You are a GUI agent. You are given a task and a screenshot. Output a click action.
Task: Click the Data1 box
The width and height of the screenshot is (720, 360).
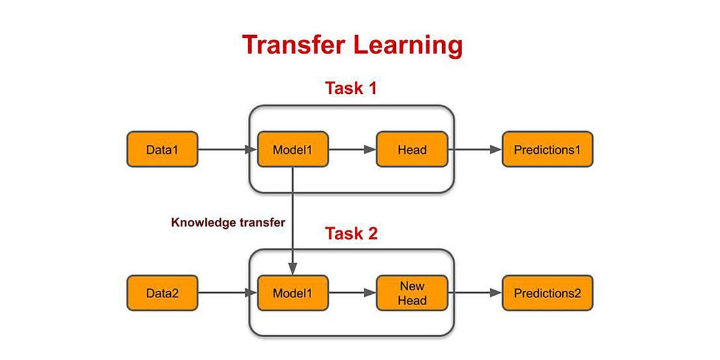coord(162,149)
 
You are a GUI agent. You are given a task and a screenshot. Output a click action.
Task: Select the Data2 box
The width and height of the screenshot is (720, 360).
coord(162,293)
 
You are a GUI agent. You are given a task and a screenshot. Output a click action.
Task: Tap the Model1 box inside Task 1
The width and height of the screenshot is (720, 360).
coord(293,149)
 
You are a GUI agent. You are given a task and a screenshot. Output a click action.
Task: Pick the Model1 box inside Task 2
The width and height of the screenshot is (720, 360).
coord(293,293)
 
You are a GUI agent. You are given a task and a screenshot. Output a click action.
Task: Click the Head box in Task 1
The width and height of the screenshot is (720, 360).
coord(412,149)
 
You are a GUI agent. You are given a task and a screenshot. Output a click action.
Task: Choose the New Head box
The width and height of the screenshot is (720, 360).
coord(412,293)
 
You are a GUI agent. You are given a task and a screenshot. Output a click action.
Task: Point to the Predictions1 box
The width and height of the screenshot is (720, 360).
coord(547,149)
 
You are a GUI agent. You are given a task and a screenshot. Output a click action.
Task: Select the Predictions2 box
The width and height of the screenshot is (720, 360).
coord(547,293)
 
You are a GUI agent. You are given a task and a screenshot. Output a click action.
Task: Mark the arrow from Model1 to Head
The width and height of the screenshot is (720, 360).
coord(352,149)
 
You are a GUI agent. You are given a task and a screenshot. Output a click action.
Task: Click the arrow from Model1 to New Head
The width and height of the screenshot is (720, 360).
coord(352,293)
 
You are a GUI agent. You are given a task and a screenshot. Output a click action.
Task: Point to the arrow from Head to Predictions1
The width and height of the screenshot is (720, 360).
coord(475,149)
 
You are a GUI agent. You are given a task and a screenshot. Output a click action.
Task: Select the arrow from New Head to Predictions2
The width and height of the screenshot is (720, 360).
coord(475,293)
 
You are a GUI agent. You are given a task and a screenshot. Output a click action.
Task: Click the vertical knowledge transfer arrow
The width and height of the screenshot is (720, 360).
coord(293,222)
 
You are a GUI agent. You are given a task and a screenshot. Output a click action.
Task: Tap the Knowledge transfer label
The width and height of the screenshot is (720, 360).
coord(228,222)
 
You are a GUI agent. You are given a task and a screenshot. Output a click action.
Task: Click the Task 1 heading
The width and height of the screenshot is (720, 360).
coord(351,88)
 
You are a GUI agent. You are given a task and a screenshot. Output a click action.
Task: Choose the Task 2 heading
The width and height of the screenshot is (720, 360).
coord(351,233)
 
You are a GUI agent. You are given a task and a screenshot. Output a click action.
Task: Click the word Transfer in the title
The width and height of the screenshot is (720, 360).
coord(299,45)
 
